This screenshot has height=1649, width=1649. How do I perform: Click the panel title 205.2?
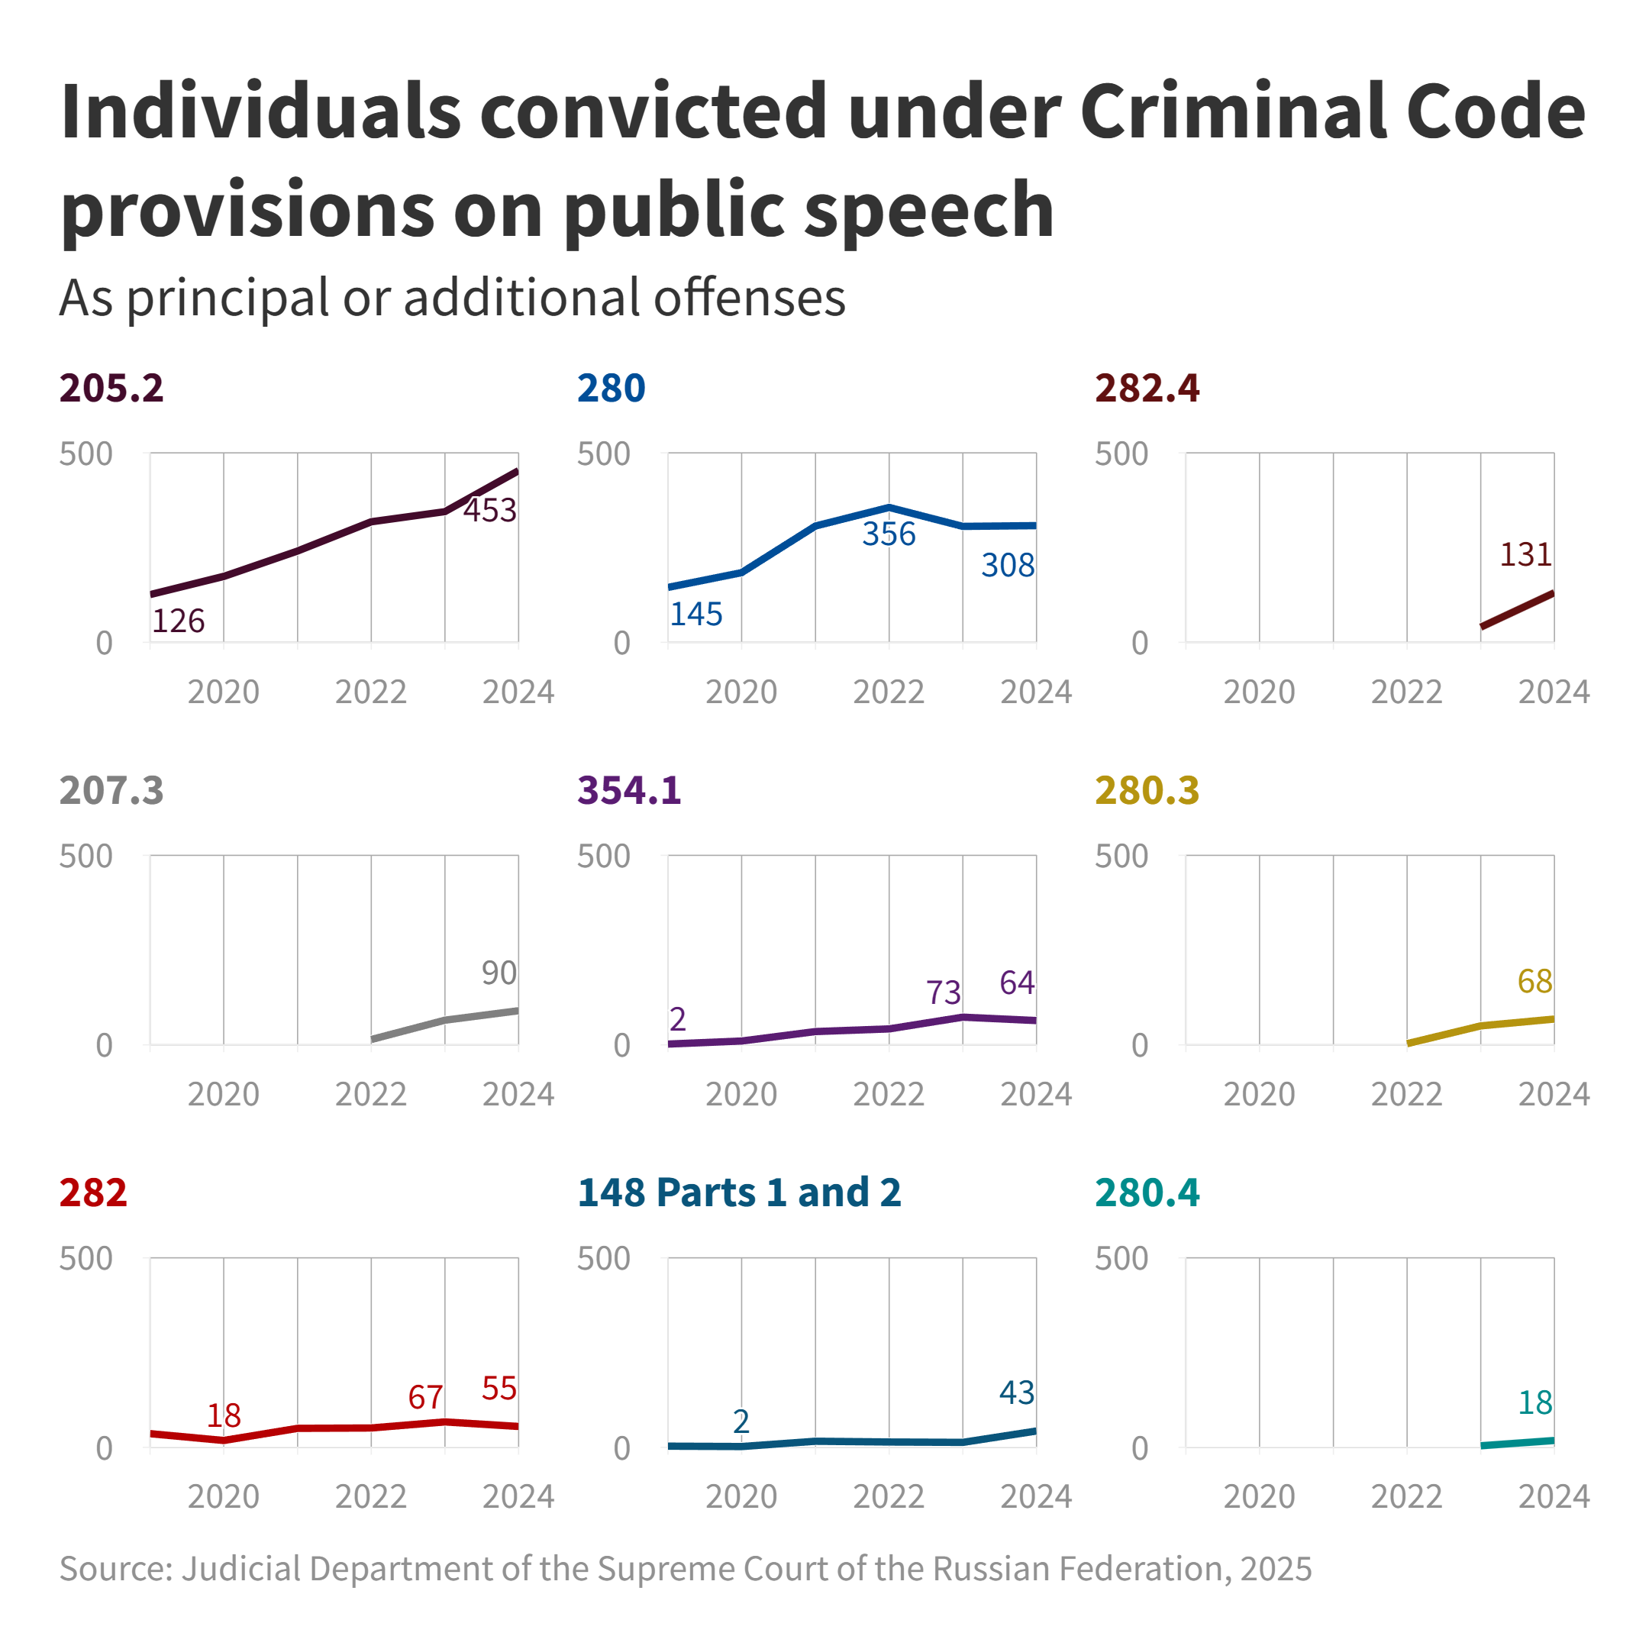(111, 389)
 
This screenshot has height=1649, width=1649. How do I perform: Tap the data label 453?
(490, 511)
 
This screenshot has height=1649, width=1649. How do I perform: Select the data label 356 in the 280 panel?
(889, 534)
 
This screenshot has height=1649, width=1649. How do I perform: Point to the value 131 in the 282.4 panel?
(1525, 555)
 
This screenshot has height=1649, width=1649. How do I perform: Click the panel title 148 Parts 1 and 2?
(739, 1192)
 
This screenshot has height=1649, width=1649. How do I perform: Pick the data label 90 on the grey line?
(499, 973)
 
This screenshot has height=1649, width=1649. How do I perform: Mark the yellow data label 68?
(1534, 982)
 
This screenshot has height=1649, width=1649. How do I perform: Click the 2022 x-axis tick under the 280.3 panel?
(1406, 1094)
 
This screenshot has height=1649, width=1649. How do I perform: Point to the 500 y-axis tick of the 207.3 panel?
(86, 856)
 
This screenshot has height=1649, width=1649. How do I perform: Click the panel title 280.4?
(1147, 1192)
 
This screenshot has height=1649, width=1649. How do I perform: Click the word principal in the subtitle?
(227, 298)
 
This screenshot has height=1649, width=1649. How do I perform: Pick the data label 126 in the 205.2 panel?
(179, 621)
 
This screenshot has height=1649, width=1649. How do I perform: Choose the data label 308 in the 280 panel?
(1007, 565)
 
